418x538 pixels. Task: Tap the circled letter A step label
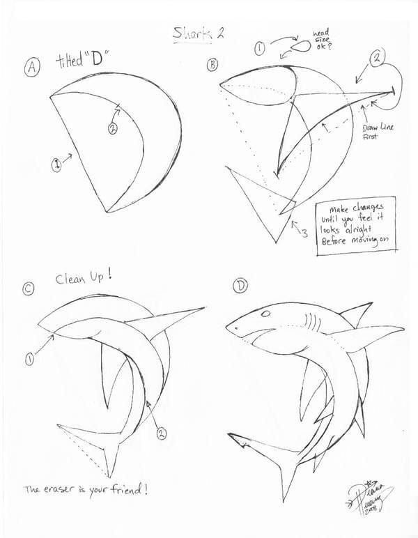tap(32, 67)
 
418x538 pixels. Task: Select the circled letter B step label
tap(212, 65)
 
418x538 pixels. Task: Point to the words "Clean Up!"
tap(84, 278)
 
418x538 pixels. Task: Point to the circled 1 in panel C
tap(30, 359)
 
